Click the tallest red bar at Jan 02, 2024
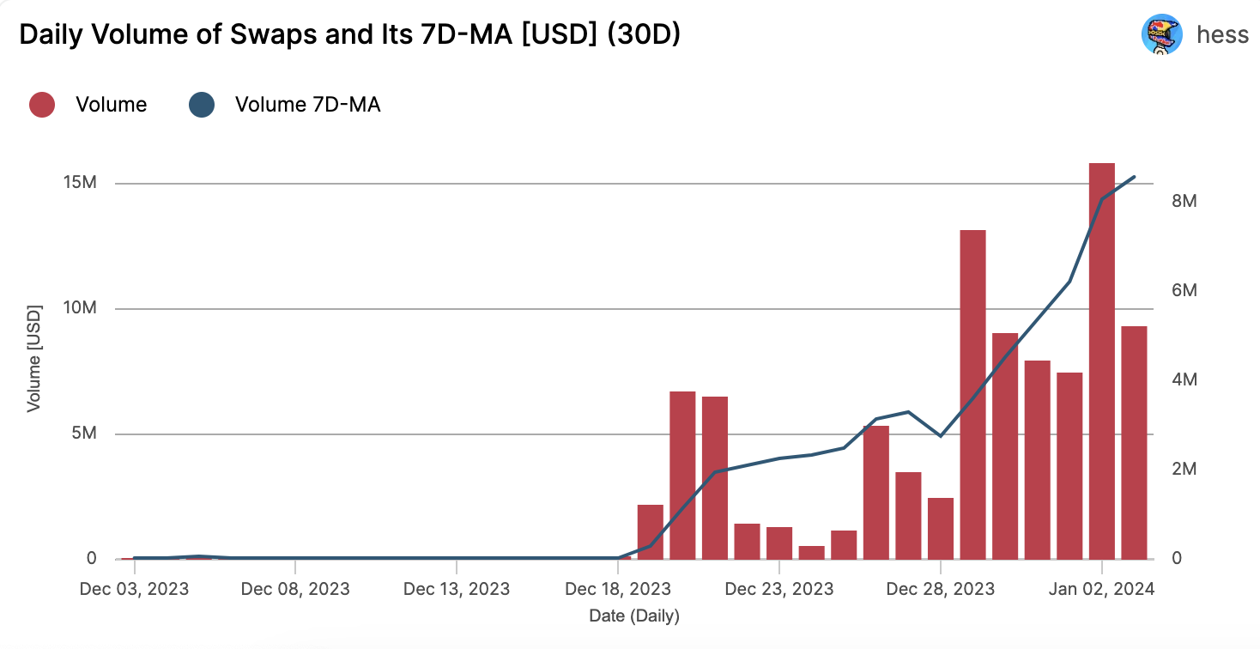[1102, 361]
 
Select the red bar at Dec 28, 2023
[941, 528]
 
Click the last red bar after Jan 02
[1134, 442]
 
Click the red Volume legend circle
[42, 105]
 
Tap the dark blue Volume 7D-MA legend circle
[201, 105]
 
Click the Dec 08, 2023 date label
[295, 589]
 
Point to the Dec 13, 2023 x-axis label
[456, 589]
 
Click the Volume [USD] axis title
[34, 357]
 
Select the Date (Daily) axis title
[634, 616]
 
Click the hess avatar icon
[1161, 36]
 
